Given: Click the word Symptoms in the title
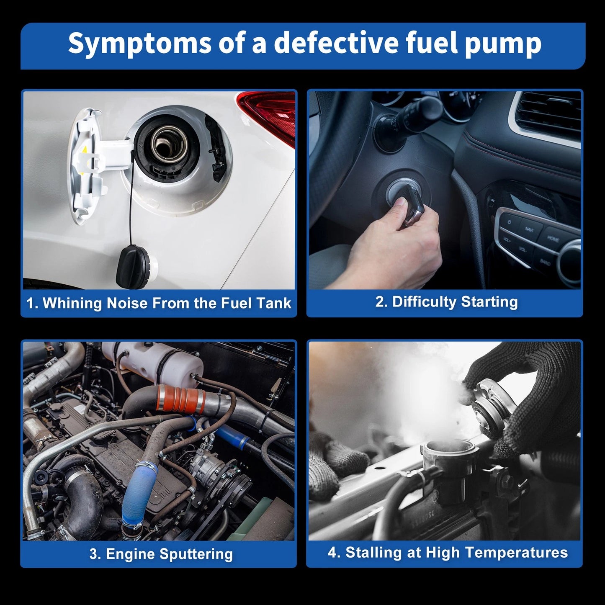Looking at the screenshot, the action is [140, 43].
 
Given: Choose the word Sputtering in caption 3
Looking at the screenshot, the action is [196, 554].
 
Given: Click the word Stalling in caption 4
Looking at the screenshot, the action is [373, 553].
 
